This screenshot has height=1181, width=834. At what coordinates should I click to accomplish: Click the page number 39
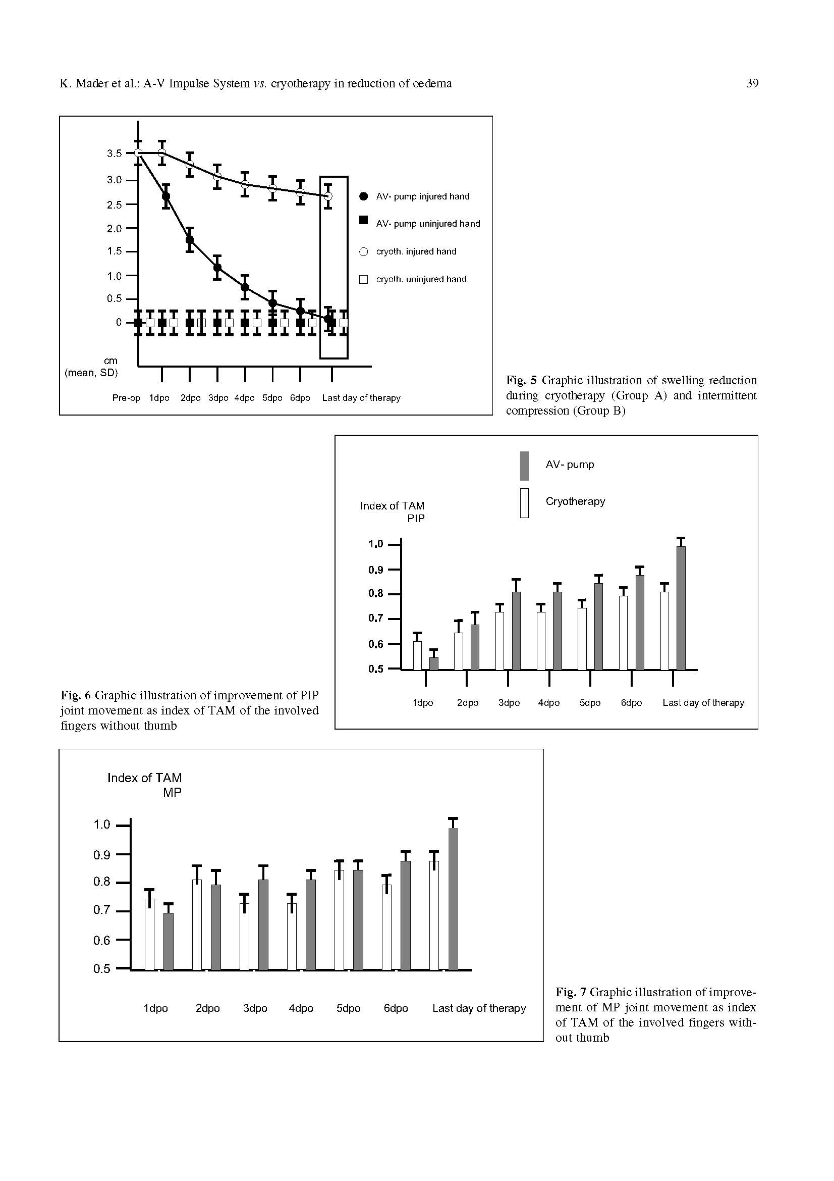tap(752, 83)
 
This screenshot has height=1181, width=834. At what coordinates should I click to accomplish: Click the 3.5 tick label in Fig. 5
tap(114, 153)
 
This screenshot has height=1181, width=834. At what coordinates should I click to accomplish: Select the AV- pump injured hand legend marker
tap(363, 196)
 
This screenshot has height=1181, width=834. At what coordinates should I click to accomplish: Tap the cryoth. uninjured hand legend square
tap(363, 279)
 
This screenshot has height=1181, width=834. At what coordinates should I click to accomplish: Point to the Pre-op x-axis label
tap(126, 398)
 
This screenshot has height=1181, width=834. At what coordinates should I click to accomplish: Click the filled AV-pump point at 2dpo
tap(190, 240)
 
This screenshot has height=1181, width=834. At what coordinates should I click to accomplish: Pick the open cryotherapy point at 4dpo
tap(245, 184)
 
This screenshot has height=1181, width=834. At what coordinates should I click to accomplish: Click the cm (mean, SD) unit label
tap(91, 367)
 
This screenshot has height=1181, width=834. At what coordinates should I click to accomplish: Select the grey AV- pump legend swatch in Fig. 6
tap(524, 466)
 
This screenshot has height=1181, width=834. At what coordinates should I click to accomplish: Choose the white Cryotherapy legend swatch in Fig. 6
tap(524, 502)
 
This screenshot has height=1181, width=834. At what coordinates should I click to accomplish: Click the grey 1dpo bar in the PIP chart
tap(434, 663)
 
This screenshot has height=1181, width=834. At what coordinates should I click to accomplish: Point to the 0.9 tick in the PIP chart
tap(376, 570)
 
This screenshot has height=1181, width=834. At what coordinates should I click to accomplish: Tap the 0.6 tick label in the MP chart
tap(102, 940)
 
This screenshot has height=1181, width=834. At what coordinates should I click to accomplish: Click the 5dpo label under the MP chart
tap(348, 1008)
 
